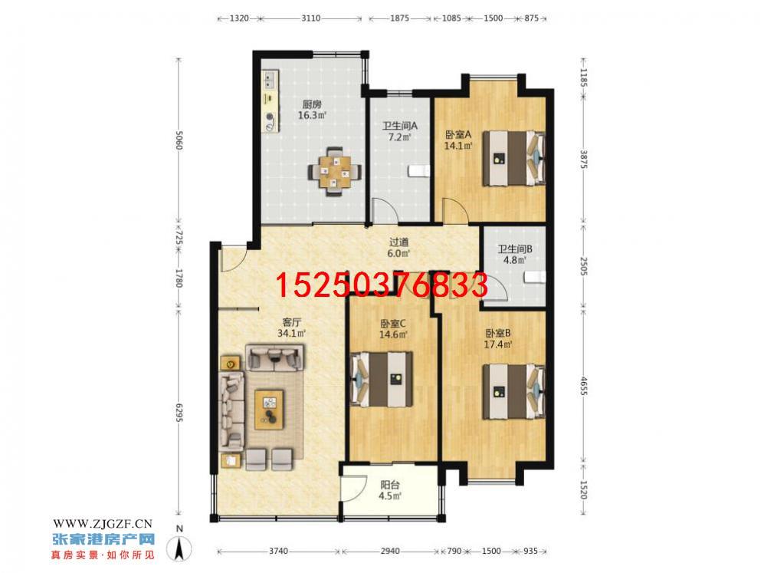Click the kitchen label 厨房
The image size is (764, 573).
point(312,104)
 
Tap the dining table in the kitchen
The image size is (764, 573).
point(335,171)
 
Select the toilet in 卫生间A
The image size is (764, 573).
point(419,170)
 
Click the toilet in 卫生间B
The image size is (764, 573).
point(535,278)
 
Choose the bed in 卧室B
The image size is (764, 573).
point(513,391)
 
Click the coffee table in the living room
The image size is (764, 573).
point(269,409)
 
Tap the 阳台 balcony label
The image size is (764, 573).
point(390,485)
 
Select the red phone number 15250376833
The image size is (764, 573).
point(382,285)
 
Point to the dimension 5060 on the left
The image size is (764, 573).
point(179,140)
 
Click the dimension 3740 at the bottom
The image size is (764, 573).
point(278,551)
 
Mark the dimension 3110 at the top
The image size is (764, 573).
point(311,18)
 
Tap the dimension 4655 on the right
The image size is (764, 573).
point(584,387)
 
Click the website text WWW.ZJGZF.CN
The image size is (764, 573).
point(103,524)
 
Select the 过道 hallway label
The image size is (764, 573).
point(398,242)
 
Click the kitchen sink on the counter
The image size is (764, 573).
point(270,79)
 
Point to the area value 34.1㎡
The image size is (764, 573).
point(291,334)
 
